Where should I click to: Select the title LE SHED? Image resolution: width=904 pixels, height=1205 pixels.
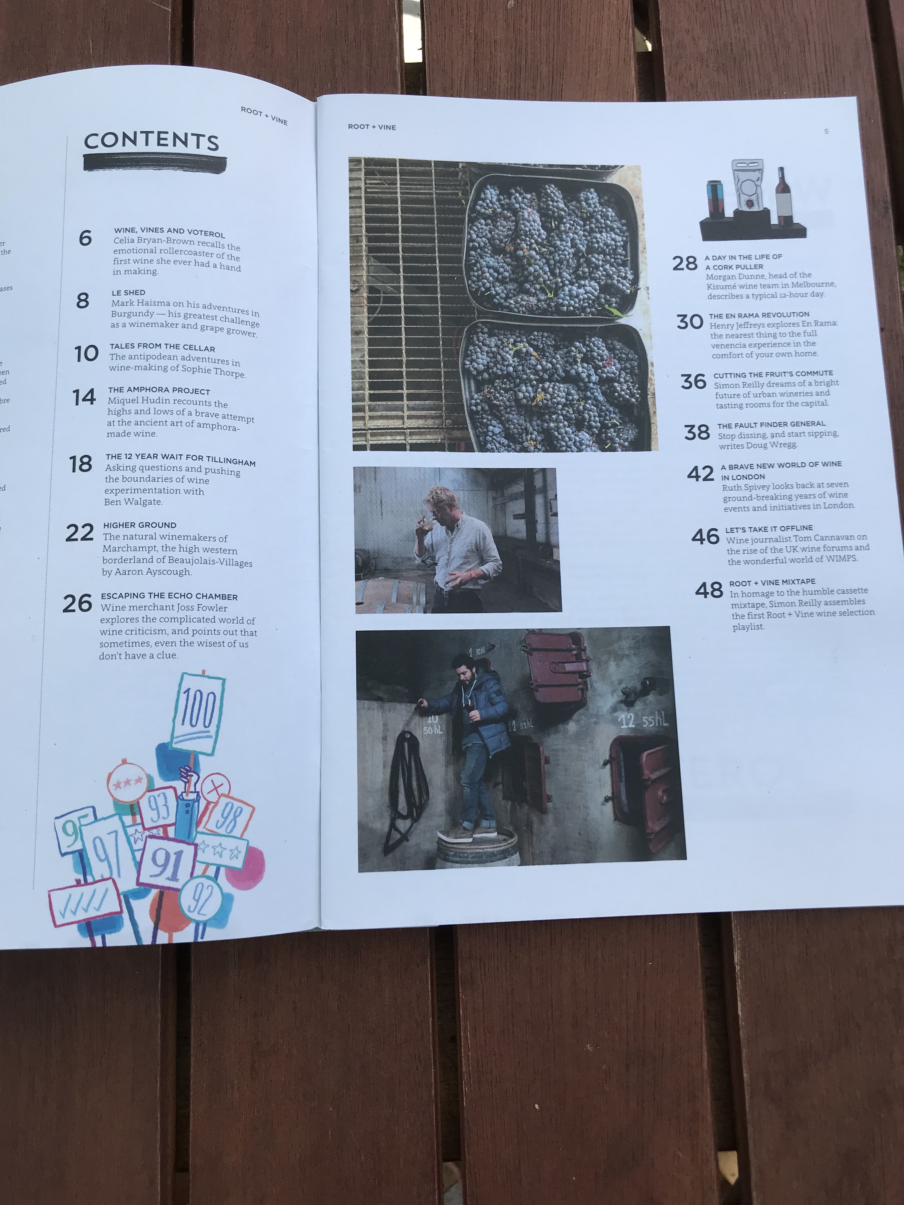(x=129, y=293)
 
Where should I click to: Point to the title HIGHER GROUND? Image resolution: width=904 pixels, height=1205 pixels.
(x=140, y=525)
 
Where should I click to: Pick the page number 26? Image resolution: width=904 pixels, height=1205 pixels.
(x=77, y=603)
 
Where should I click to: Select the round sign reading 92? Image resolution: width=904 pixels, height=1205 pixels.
(x=201, y=899)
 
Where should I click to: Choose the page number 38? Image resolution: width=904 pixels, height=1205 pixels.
(x=697, y=432)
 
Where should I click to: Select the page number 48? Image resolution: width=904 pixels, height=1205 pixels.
(x=709, y=590)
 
